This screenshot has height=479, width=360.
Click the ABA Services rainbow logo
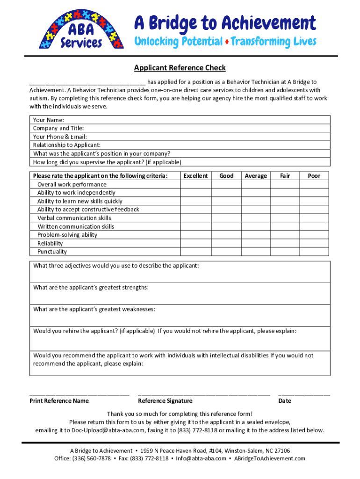pos(81,30)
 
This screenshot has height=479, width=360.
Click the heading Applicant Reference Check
pos(180,68)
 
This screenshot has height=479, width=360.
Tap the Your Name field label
pos(49,120)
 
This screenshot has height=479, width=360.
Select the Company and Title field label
pos(58,128)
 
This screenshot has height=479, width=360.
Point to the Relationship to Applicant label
pos(66,145)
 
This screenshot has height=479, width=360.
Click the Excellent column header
pos(195,176)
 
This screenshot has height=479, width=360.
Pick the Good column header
pos(226,176)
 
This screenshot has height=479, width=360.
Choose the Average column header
pos(256,176)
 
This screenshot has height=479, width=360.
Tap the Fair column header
pos(285,176)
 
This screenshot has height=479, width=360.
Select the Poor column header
pos(314,176)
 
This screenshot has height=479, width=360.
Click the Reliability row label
pos(50,243)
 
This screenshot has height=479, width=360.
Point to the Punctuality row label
pos(52,252)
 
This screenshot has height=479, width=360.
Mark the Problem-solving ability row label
pos(67,235)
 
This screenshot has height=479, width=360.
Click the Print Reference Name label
pos(59,401)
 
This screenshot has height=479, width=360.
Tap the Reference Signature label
pos(165,401)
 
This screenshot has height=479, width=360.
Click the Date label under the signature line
pos(285,401)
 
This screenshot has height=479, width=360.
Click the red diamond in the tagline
pos(227,42)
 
